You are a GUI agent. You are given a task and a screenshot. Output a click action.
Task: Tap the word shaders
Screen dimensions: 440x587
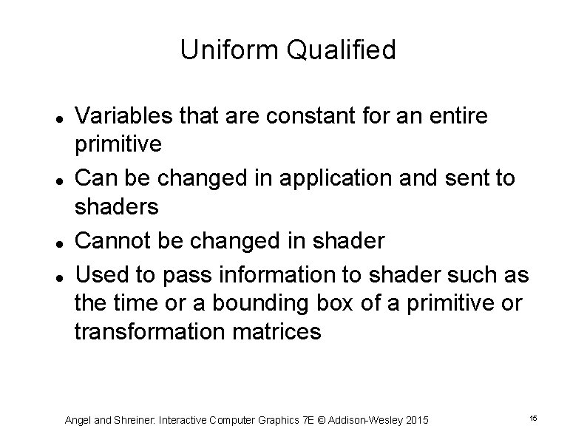(x=117, y=207)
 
